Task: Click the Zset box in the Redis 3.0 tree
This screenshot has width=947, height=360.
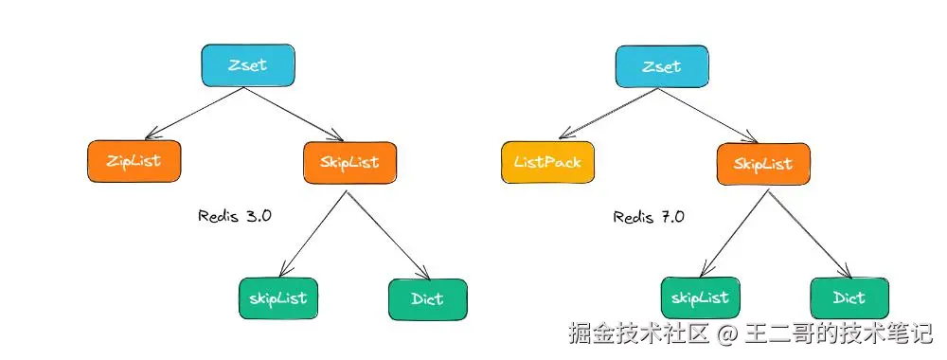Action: (248, 64)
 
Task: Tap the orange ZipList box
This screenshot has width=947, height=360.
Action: (134, 162)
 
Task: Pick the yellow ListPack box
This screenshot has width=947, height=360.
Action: (547, 162)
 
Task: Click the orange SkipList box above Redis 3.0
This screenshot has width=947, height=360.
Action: (350, 162)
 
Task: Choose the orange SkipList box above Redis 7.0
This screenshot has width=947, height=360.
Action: (763, 164)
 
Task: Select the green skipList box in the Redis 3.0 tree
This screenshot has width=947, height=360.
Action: (277, 298)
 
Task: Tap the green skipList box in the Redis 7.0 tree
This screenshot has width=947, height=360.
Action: (700, 298)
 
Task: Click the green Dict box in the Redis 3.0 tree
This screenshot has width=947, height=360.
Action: (428, 299)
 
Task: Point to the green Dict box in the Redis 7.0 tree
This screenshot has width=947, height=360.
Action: (849, 298)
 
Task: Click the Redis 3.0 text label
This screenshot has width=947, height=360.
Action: (235, 215)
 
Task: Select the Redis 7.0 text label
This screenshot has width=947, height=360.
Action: (649, 216)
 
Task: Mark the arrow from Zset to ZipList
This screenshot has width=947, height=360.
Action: (193, 114)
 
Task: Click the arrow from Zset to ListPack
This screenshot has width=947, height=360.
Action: (607, 114)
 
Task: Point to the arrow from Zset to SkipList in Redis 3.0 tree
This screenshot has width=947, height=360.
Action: (297, 114)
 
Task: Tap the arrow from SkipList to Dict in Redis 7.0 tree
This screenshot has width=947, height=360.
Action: (808, 231)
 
